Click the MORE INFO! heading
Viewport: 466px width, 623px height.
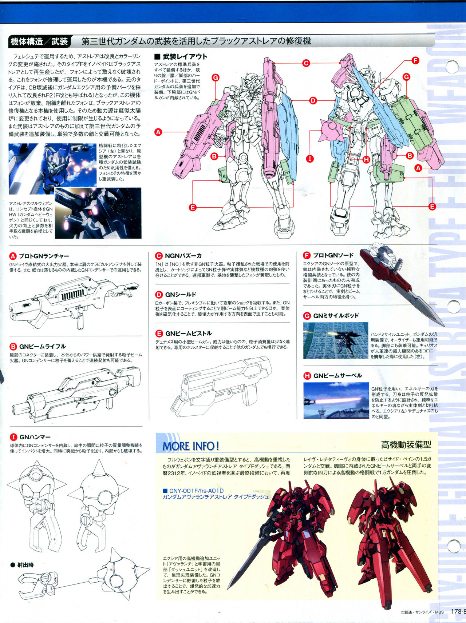click(190, 446)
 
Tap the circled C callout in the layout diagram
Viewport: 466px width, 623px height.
click(306, 63)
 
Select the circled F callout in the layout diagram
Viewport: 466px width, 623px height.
click(415, 60)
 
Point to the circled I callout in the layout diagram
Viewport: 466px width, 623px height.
click(310, 159)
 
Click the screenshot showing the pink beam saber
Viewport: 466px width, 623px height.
click(336, 400)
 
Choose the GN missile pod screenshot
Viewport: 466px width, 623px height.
click(336, 340)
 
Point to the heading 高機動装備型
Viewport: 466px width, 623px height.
click(406, 444)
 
